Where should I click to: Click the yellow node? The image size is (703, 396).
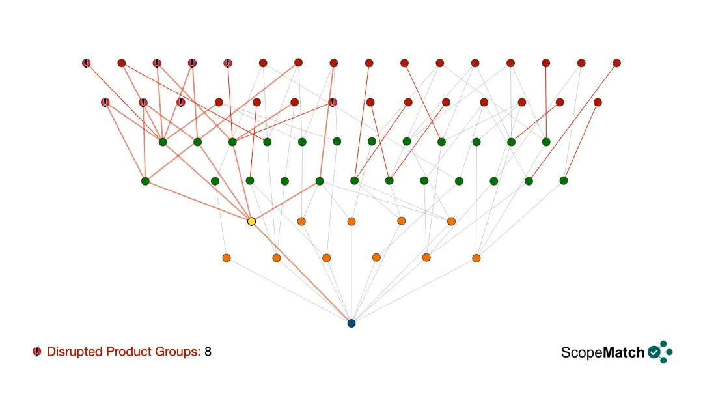(x=251, y=221)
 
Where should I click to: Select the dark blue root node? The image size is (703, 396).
(x=351, y=323)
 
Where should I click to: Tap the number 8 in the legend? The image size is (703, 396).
(x=208, y=352)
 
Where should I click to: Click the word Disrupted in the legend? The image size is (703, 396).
(x=74, y=352)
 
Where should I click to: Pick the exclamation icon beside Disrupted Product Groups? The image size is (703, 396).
(x=36, y=352)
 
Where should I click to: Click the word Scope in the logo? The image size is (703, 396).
(x=582, y=353)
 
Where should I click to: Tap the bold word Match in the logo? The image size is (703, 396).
(x=624, y=352)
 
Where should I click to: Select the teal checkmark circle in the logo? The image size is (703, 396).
(x=654, y=352)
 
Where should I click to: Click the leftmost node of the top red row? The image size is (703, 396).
(x=87, y=63)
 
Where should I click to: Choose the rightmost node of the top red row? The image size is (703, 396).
(x=616, y=63)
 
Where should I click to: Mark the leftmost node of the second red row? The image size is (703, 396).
(x=105, y=103)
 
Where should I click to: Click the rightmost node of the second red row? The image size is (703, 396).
(x=598, y=102)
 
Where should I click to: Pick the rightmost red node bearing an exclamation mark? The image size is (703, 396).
(x=332, y=103)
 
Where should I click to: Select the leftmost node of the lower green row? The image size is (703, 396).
(x=145, y=181)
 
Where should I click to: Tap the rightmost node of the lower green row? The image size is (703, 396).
(x=564, y=180)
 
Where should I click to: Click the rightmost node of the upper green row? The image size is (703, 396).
(x=546, y=142)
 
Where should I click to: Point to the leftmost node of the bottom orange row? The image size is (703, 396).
(x=227, y=258)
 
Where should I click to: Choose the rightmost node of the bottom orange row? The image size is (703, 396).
(x=476, y=258)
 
